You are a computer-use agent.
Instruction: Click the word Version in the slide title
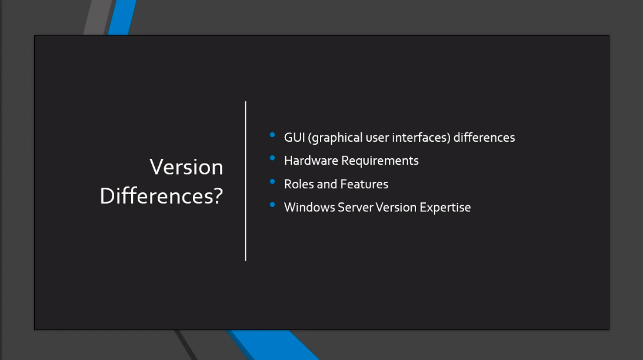click(x=186, y=167)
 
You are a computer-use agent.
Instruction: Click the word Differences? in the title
click(x=162, y=195)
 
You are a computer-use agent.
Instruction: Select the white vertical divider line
click(x=246, y=181)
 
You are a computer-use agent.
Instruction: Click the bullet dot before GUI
click(x=272, y=135)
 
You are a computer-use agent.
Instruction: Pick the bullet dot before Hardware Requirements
click(x=272, y=158)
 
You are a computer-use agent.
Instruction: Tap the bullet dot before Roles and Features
click(x=272, y=182)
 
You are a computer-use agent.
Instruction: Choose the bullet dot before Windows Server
click(x=272, y=205)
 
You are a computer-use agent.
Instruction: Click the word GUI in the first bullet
click(x=294, y=138)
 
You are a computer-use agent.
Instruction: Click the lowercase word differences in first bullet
click(x=484, y=138)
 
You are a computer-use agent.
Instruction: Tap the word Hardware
click(x=311, y=161)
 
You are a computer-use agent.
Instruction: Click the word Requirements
click(x=379, y=161)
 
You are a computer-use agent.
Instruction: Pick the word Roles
click(x=299, y=184)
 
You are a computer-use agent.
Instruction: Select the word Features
click(x=364, y=184)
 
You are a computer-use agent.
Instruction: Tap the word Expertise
click(x=445, y=208)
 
